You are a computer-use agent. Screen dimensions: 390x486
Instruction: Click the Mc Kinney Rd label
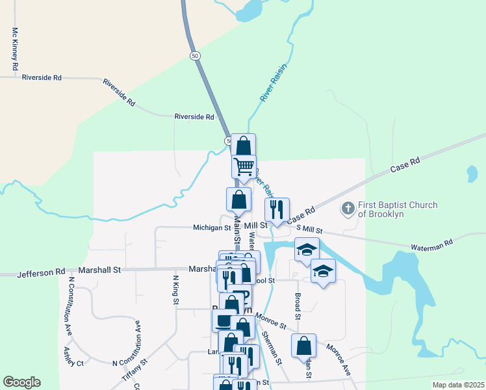pos(14,49)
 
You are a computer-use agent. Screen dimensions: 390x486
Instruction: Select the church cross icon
pos(348,209)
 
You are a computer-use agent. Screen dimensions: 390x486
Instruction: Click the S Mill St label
pos(309,229)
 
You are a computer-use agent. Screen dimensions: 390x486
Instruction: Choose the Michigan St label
pos(212,228)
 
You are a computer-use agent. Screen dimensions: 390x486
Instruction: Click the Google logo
pos(21,383)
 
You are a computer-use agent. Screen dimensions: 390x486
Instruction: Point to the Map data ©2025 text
pos(457,385)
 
